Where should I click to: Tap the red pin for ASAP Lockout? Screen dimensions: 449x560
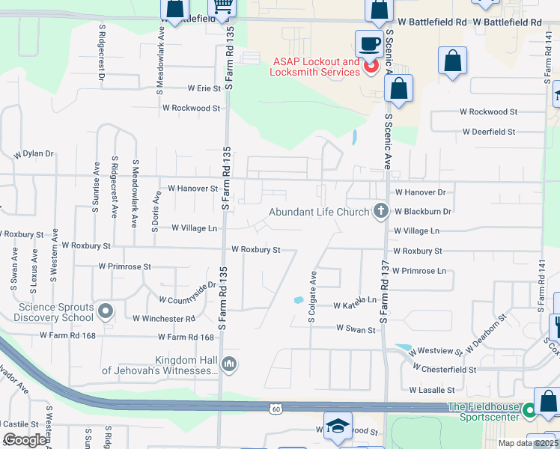pyautogui.click(x=371, y=68)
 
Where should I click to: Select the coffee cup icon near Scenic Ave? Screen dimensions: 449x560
pyautogui.click(x=368, y=43)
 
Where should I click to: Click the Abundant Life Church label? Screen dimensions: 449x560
pyautogui.click(x=320, y=212)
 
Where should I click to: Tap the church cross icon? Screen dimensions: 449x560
pyautogui.click(x=380, y=212)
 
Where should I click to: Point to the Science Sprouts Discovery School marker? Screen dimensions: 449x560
pyautogui.click(x=105, y=310)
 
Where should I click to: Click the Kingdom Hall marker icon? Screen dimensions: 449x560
pyautogui.click(x=229, y=364)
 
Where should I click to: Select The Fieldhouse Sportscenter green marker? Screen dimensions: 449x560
pyautogui.click(x=530, y=410)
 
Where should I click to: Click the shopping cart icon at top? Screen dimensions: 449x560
pyautogui.click(x=223, y=7)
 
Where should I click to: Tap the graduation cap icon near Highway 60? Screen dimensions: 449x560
pyautogui.click(x=338, y=425)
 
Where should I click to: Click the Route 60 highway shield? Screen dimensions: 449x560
pyautogui.click(x=276, y=408)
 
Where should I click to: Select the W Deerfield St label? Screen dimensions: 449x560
pyautogui.click(x=488, y=132)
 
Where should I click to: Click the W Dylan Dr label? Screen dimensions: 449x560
pyautogui.click(x=34, y=154)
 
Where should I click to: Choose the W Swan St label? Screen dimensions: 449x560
pyautogui.click(x=356, y=329)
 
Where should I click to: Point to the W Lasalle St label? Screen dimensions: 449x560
pyautogui.click(x=432, y=390)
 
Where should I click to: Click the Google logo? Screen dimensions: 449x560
pyautogui.click(x=25, y=440)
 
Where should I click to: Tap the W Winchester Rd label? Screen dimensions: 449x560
pyautogui.click(x=164, y=319)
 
